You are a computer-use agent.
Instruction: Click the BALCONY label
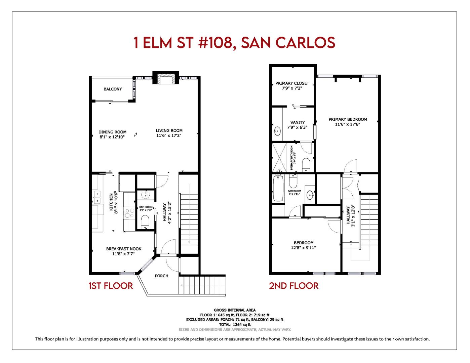(x=113, y=89)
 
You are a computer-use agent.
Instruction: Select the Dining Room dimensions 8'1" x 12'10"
(x=112, y=137)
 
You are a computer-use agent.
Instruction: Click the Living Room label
(x=169, y=131)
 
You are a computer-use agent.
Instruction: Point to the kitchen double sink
(x=97, y=197)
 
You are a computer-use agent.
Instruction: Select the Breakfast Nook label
(x=124, y=249)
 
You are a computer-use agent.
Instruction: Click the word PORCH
(x=161, y=276)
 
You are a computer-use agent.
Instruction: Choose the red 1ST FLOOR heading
(x=111, y=286)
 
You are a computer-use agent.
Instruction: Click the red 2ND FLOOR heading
(x=293, y=286)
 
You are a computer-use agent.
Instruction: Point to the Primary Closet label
(x=292, y=83)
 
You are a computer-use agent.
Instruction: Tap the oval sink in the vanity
(x=278, y=131)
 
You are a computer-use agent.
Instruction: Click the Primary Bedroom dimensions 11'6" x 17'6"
(x=348, y=124)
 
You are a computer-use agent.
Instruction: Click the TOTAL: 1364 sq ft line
(x=235, y=325)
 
